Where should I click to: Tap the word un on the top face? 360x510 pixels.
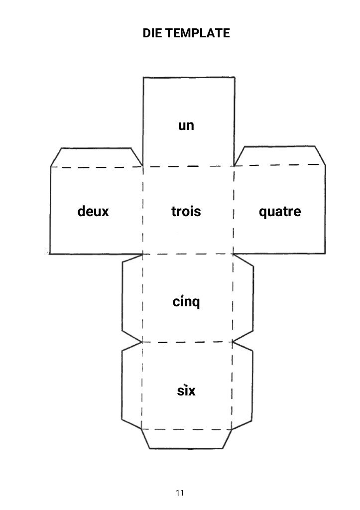186,126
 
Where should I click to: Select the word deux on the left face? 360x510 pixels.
93,212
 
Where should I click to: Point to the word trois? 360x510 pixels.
186,212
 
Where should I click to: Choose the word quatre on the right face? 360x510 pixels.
280,212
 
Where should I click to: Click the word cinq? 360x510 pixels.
186,302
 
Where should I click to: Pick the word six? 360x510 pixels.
187,390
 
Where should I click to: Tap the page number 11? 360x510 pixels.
180,493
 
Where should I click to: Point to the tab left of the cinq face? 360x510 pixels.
132,298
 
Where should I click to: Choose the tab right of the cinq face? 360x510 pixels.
243,298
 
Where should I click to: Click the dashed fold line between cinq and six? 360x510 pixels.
187,342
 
